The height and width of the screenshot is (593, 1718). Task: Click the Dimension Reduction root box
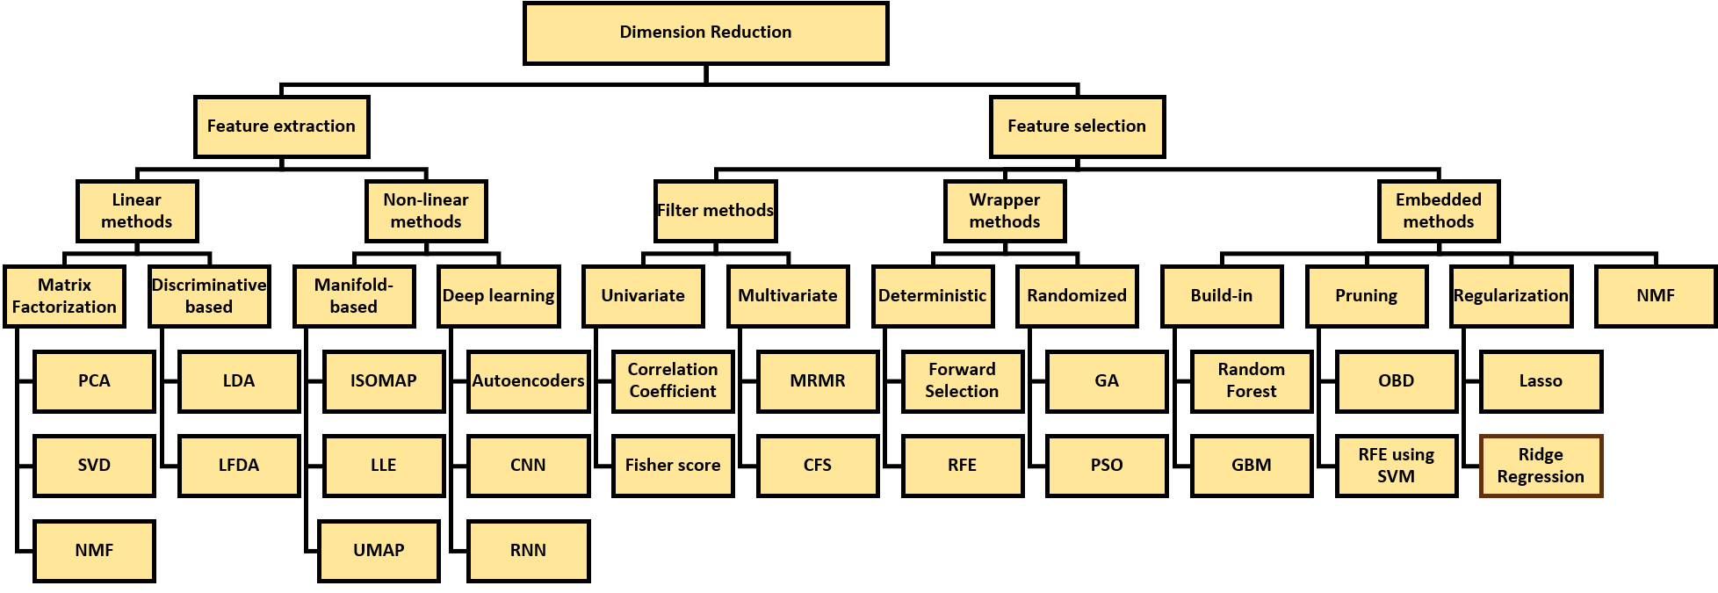[x=705, y=33]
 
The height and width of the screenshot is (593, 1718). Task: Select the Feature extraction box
[x=281, y=127]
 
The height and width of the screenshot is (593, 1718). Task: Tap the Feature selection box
[x=1077, y=127]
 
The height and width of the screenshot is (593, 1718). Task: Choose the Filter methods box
[x=715, y=211]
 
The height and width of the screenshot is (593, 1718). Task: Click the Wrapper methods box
[x=1005, y=211]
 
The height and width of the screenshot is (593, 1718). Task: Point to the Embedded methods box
[x=1438, y=211]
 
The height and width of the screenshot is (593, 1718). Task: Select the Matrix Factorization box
[x=64, y=296]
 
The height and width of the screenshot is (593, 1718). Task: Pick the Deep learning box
[x=498, y=296]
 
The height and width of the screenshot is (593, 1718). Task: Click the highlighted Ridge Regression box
[x=1541, y=466]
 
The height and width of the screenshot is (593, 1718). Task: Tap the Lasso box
[x=1541, y=381]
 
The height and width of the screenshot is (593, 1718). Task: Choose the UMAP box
[x=379, y=551]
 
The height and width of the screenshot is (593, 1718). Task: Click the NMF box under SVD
[x=94, y=551]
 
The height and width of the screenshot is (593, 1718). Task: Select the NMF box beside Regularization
[x=1655, y=296]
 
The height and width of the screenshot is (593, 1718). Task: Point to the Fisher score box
[x=672, y=466]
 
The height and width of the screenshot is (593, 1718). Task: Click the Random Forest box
[x=1251, y=381]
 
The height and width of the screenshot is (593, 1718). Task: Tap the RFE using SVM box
[x=1396, y=466]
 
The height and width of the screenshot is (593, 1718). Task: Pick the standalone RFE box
[x=962, y=466]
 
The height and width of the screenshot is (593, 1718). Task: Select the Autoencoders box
[x=528, y=381]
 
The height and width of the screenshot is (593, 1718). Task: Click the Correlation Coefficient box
[x=672, y=381]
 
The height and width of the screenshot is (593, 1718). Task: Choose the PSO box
[x=1106, y=466]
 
